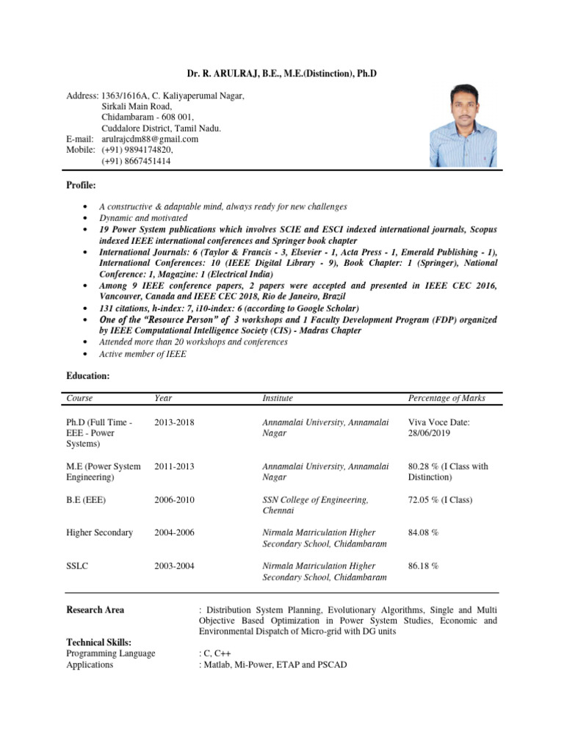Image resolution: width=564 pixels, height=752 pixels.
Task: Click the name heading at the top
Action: pos(282,75)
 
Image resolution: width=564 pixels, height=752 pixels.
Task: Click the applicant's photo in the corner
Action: pos(463,125)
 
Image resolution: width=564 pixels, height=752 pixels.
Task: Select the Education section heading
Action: pos(88,375)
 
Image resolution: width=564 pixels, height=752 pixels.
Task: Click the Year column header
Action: pos(163,398)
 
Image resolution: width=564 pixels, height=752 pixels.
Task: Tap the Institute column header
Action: pos(278,398)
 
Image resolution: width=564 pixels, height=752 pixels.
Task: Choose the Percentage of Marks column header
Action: pos(446,398)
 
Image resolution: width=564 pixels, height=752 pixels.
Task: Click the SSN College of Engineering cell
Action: pos(315,505)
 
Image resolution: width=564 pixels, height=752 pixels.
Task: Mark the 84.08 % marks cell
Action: pos(423,532)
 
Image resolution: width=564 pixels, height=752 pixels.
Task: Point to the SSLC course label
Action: pos(78,566)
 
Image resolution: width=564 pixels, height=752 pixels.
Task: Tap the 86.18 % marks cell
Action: pos(423,566)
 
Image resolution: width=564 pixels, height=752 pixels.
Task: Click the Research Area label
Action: pos(95,610)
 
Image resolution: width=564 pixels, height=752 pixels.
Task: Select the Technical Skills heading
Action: pos(99,643)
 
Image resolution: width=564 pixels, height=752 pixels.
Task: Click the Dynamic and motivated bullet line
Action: pos(143,218)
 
